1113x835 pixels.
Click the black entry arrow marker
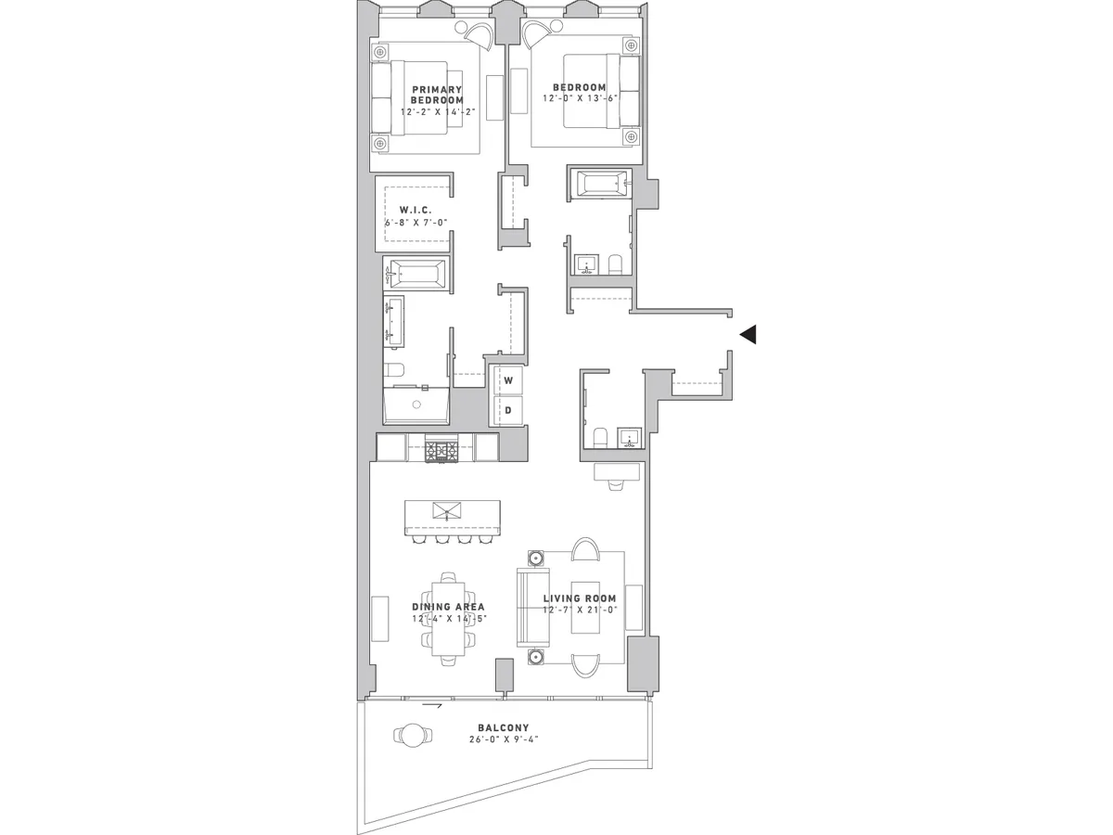[748, 335]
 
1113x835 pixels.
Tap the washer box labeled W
[508, 380]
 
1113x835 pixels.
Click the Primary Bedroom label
[437, 95]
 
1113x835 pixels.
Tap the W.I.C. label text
[416, 211]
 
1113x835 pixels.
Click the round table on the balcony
[412, 736]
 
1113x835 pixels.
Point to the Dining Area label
[449, 607]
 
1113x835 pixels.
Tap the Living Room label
[580, 598]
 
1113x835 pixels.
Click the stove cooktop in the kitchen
[441, 451]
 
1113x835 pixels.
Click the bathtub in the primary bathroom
[416, 274]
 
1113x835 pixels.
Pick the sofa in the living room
[532, 608]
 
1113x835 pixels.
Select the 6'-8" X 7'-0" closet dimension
[416, 223]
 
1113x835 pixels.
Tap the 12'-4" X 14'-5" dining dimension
[449, 619]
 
